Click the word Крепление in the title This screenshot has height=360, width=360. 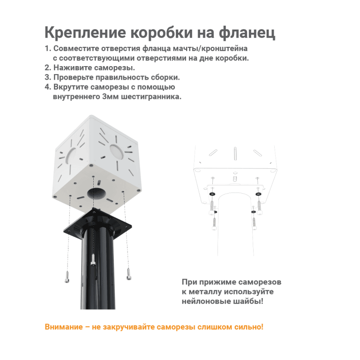pyautogui.click(x=85, y=33)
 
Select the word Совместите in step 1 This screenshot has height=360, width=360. pyautogui.click(x=76, y=48)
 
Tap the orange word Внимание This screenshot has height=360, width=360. pyautogui.click(x=64, y=327)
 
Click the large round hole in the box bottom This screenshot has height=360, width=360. pyautogui.click(x=97, y=194)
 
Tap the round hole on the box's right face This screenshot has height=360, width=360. pyautogui.click(x=117, y=151)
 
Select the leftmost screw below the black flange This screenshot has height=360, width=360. pyautogui.click(x=67, y=277)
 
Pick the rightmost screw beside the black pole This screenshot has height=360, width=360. pyautogui.click(x=129, y=274)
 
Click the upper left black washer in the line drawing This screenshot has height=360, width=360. pyautogui.click(x=212, y=194)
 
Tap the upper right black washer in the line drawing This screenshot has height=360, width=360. pyautogui.click(x=258, y=194)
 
